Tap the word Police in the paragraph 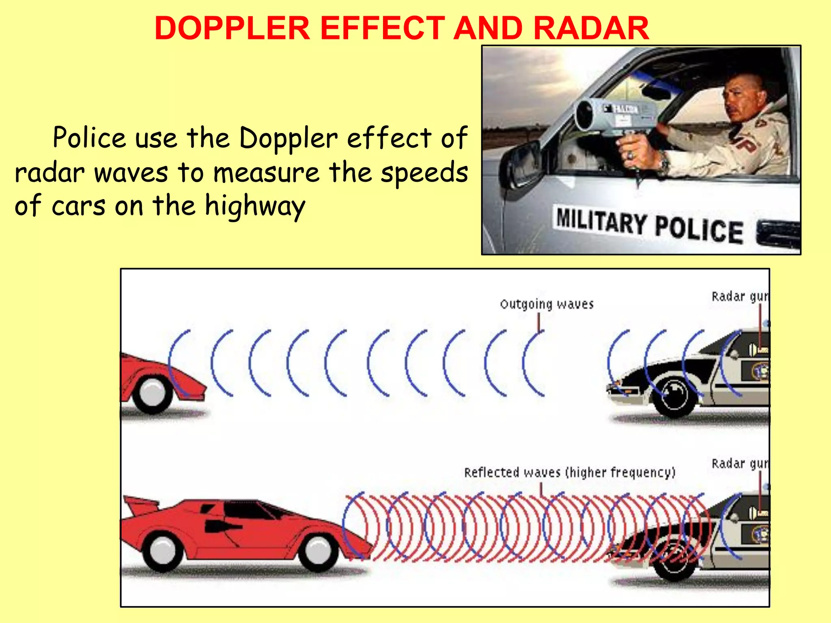[89, 138]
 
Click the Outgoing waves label [547, 304]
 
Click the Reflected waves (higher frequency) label [570, 473]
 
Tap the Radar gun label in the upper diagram [739, 296]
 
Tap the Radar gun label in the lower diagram [739, 464]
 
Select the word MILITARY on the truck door [601, 221]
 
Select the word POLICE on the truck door [699, 230]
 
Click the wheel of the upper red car [152, 393]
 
